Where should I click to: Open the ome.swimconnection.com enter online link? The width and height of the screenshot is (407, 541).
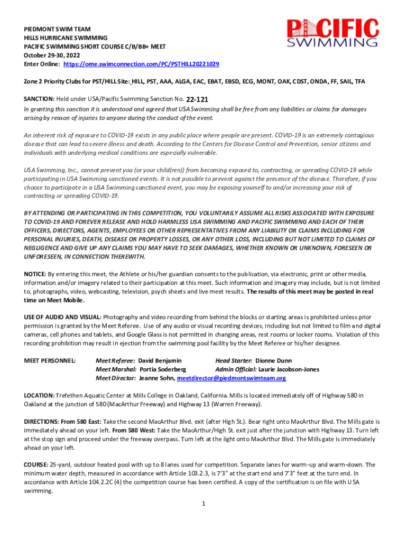point(141,63)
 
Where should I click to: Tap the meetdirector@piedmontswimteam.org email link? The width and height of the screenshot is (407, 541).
point(232,378)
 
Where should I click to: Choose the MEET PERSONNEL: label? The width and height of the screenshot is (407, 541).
point(50,361)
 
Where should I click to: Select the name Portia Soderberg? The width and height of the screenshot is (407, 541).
point(163,369)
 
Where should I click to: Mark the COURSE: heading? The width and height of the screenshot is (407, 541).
point(35,465)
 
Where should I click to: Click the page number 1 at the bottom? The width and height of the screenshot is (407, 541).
point(203,503)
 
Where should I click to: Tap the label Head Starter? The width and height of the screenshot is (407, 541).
point(234,361)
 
